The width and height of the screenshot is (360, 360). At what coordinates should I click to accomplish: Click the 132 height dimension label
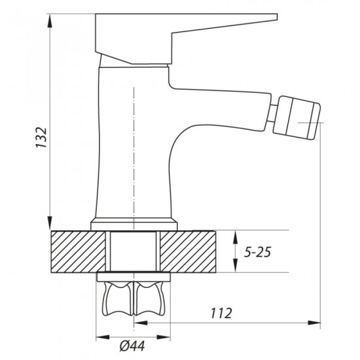(x=41, y=137)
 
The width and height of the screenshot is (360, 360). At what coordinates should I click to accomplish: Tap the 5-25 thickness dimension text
(x=257, y=252)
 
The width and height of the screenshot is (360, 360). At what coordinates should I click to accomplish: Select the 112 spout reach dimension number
(x=221, y=313)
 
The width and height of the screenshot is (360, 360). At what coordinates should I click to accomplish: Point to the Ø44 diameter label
(x=132, y=346)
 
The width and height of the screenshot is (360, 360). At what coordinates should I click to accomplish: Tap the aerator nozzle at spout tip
(x=296, y=118)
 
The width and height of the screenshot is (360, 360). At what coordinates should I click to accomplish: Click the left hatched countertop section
(x=78, y=251)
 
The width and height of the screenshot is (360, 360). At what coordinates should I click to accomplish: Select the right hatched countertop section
(x=188, y=251)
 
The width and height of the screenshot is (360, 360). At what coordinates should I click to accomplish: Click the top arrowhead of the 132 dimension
(x=50, y=22)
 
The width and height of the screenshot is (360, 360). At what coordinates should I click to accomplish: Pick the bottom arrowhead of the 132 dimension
(x=50, y=223)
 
